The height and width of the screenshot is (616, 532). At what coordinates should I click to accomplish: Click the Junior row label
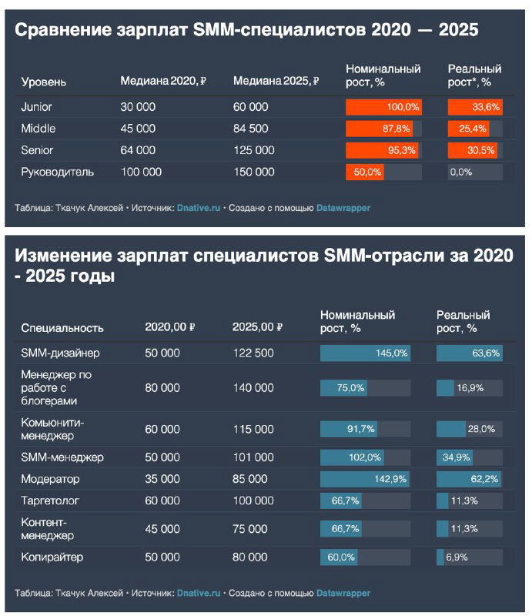click(37, 107)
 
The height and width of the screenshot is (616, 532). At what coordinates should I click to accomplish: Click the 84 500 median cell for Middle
click(251, 129)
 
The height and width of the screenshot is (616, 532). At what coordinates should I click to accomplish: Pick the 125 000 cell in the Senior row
click(253, 150)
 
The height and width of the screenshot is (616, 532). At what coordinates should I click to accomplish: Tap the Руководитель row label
click(58, 172)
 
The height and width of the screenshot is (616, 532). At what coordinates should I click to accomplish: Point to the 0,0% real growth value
click(460, 172)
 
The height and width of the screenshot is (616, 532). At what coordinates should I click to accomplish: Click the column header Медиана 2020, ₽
click(164, 82)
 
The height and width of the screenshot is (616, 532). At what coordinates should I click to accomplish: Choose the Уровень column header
click(44, 82)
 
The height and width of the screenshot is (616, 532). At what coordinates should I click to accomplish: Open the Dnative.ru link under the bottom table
click(199, 593)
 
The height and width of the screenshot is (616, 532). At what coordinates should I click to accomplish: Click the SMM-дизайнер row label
click(61, 353)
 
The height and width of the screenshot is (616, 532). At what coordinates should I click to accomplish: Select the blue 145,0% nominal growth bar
click(365, 353)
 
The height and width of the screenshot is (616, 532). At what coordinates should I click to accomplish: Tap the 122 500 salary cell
click(253, 353)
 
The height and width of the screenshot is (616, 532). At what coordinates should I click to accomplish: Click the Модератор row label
click(51, 479)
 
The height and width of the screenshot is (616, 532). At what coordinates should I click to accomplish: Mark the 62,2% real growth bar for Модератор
click(469, 479)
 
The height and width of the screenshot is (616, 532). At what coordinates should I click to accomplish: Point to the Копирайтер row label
click(52, 557)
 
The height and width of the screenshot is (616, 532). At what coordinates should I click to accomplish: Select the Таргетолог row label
click(51, 500)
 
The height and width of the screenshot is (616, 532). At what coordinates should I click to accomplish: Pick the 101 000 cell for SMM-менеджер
click(253, 457)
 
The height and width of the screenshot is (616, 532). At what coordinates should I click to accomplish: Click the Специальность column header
click(62, 327)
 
